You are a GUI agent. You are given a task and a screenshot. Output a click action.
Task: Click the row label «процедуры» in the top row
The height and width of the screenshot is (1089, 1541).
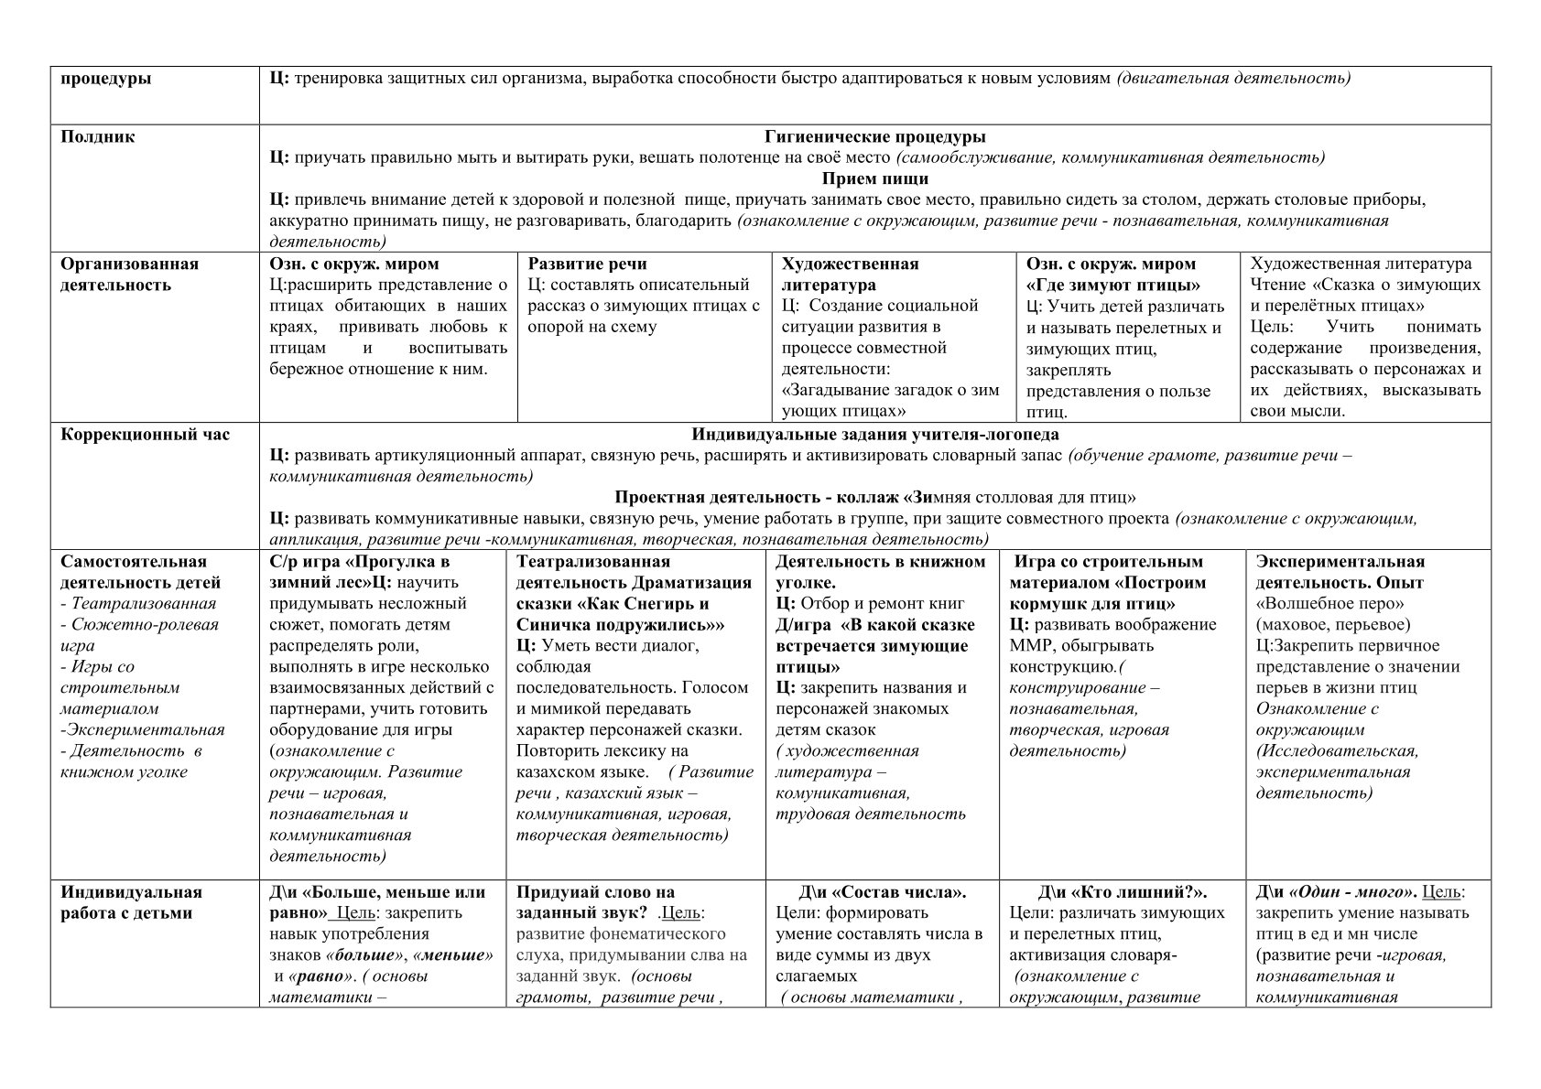tap(106, 78)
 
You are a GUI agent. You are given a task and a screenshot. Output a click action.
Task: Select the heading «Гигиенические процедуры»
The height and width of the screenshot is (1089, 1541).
tap(874, 137)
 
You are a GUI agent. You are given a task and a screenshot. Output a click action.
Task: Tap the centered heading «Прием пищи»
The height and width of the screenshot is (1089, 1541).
tap(874, 178)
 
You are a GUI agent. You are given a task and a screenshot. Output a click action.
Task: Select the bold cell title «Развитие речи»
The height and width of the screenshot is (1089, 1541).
tap(587, 264)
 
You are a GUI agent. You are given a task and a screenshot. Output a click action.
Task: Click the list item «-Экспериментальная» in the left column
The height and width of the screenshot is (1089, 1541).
tap(142, 730)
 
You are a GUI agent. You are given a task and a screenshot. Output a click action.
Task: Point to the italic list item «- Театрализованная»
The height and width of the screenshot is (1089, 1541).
tap(138, 604)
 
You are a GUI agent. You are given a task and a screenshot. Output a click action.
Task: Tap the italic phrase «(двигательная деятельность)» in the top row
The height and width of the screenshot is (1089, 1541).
tap(1233, 78)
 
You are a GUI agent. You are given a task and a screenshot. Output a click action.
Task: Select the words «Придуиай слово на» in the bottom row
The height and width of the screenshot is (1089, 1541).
tap(595, 892)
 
